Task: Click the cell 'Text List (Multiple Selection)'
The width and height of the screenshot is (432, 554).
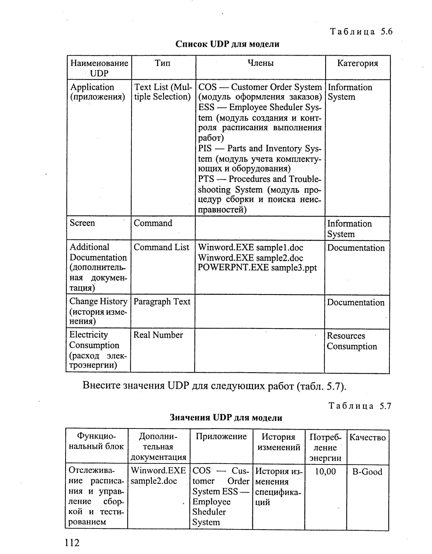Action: pos(163,92)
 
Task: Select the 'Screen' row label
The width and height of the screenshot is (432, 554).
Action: pos(82,223)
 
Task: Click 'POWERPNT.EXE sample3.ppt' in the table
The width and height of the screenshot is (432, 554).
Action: pos(257,268)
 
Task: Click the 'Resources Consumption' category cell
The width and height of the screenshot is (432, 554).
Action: pos(352,341)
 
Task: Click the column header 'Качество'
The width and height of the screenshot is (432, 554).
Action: pos(368,437)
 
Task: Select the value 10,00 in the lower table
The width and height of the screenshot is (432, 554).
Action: pos(325,472)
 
